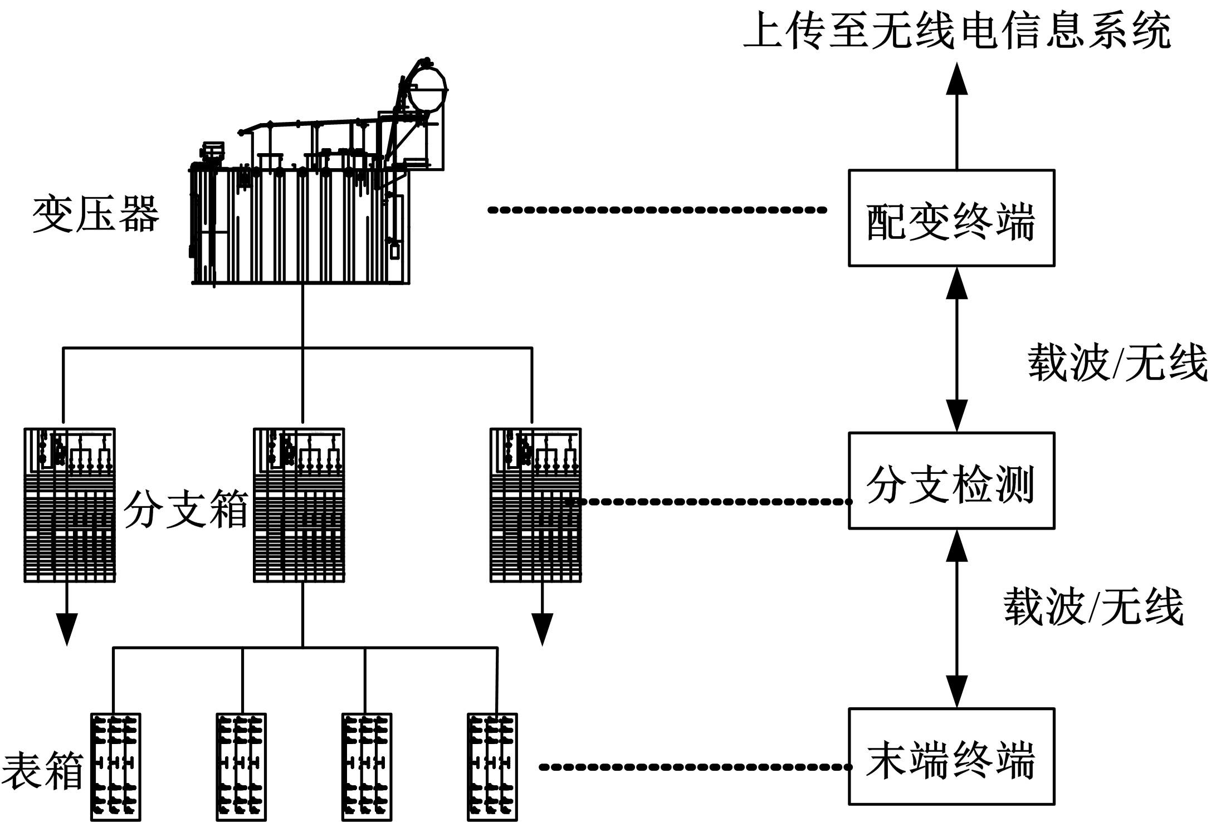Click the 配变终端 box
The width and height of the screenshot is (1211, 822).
coord(951,218)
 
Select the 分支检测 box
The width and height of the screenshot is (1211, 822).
coord(951,481)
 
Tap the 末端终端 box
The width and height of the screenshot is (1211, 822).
coord(951,756)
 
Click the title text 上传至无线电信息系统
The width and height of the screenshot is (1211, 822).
coord(956,31)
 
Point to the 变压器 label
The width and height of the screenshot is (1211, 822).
coord(96,214)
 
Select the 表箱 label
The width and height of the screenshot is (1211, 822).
coord(42,771)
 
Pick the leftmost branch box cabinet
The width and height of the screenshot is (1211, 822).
coord(70,505)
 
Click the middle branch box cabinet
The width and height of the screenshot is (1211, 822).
coord(299,505)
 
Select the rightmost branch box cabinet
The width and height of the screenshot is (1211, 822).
coord(535,505)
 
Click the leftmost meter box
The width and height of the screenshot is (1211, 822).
coord(115,766)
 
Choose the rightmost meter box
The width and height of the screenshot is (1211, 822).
coord(492,766)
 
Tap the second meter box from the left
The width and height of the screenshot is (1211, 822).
coord(241,766)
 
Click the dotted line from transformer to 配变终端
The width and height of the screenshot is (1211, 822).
coord(657,210)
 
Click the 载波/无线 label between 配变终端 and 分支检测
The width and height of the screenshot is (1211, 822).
coord(1117,363)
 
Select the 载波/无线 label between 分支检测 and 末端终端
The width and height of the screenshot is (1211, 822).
coord(1093,607)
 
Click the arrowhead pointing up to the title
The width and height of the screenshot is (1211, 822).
coord(957,79)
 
